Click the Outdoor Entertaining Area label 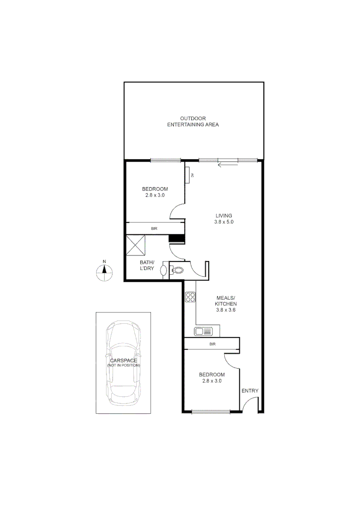193,122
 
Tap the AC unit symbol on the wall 187,175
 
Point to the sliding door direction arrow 229,164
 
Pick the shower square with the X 136,245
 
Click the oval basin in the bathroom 164,271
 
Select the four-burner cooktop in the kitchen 190,297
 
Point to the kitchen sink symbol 205,331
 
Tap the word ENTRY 250,391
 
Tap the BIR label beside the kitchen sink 212,345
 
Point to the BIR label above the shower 154,229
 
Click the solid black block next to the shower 175,239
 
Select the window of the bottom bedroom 211,412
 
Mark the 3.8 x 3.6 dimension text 225,310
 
